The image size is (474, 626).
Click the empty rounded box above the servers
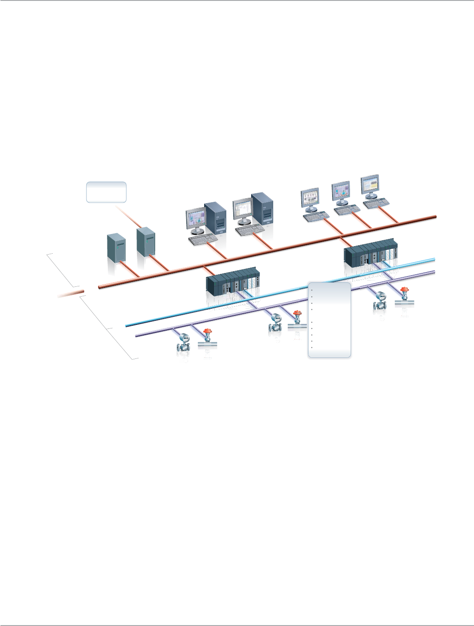[106, 192]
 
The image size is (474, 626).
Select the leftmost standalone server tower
[116, 247]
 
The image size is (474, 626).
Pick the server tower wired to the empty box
[146, 242]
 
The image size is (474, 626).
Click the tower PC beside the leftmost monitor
[215, 218]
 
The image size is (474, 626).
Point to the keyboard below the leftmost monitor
[203, 239]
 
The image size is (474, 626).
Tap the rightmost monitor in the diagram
[370, 186]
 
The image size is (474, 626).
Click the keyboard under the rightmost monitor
[376, 204]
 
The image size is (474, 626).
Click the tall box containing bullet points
[329, 320]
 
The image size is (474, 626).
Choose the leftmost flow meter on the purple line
[184, 342]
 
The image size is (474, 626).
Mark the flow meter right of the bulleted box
[380, 301]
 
